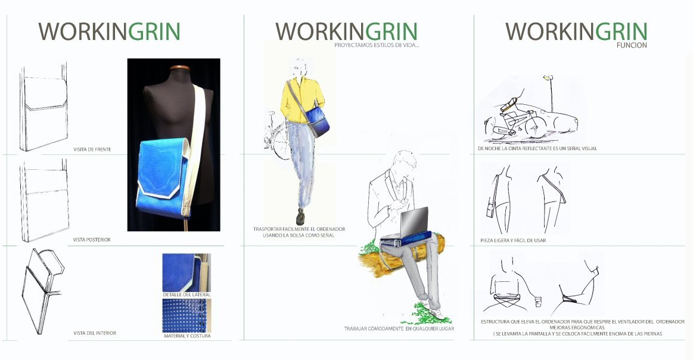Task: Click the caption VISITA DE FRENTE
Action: click(x=92, y=150)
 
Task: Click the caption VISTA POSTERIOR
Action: click(x=92, y=240)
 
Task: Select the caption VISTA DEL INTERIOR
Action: click(x=95, y=333)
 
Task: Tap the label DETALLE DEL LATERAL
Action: click(x=187, y=294)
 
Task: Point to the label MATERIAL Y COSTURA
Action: click(x=187, y=336)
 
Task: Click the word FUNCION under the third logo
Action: click(x=632, y=45)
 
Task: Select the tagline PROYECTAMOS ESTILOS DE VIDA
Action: click(x=377, y=45)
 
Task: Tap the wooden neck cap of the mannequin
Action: click(x=180, y=68)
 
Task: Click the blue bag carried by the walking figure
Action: click(x=317, y=119)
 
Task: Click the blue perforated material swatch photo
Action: click(x=187, y=316)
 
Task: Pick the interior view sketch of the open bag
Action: click(x=42, y=290)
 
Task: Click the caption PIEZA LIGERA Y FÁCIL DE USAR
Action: click(x=513, y=241)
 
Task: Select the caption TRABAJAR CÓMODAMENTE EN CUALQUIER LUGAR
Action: click(x=399, y=328)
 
